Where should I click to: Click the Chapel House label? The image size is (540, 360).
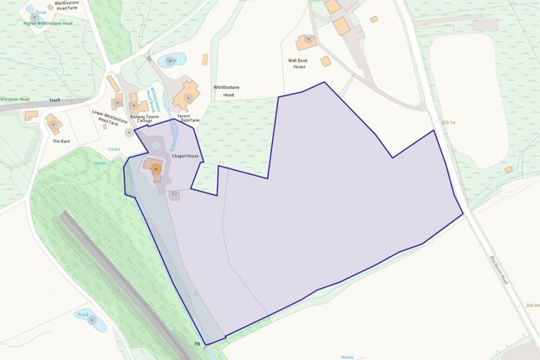tap(185, 156)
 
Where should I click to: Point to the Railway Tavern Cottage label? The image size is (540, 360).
tap(145, 120)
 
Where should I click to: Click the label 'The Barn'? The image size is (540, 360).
tap(60, 141)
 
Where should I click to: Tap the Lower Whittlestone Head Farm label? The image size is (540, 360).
tap(108, 117)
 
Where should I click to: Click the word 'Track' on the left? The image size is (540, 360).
tap(54, 100)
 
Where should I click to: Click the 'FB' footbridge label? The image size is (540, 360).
tap(198, 344)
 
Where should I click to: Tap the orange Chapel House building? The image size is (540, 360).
tap(155, 167)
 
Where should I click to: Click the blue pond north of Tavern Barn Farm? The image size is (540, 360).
tap(171, 60)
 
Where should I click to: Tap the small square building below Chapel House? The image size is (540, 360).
tap(174, 194)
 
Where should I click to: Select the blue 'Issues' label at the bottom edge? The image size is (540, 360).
tap(347, 356)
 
